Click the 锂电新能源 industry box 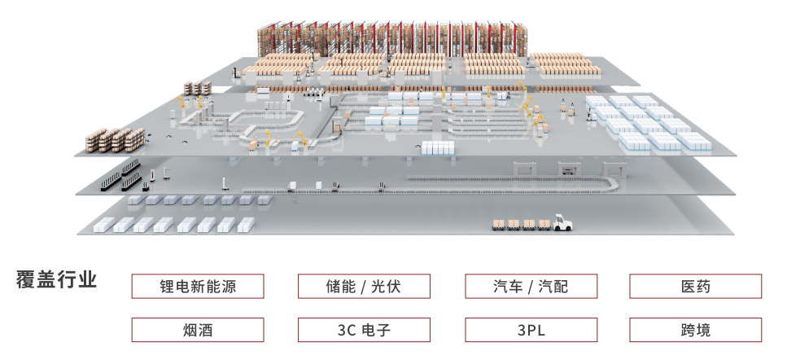198,286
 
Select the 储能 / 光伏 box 364,286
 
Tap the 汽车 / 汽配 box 531,286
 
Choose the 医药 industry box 696,286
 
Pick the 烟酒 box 198,330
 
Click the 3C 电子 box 364,330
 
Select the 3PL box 531,330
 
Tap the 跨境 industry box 696,330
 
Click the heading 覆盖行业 56,280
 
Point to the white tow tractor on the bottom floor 561,222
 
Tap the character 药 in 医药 704,286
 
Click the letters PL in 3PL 536,330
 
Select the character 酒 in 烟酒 207,330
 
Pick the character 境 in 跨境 704,330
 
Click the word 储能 341,286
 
